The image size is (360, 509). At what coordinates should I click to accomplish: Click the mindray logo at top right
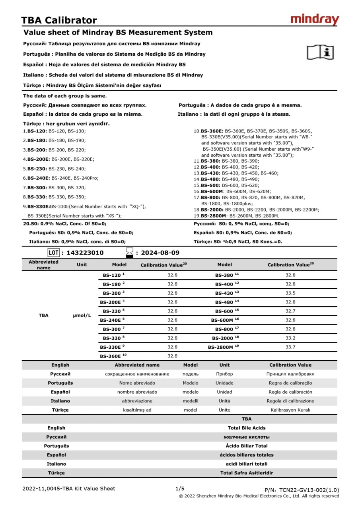(x=315, y=19)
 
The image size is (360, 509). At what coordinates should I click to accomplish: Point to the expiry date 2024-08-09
(x=160, y=253)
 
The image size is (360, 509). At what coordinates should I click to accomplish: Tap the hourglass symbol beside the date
(x=130, y=253)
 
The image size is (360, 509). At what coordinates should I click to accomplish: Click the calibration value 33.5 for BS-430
(x=290, y=293)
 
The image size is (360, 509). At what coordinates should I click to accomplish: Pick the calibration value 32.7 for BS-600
(x=290, y=311)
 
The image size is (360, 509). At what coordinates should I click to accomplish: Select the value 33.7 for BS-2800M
(x=290, y=347)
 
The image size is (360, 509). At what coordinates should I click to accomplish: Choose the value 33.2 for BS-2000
(x=290, y=338)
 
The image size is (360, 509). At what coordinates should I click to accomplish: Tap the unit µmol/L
(x=82, y=315)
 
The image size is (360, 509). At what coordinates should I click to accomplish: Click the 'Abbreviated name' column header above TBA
(x=43, y=265)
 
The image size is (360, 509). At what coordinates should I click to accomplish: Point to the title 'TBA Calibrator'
(x=59, y=20)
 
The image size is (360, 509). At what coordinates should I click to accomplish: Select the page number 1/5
(x=180, y=488)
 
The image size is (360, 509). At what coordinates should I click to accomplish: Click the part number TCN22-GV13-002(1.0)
(x=309, y=490)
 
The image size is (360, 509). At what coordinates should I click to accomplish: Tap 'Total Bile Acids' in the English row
(x=247, y=428)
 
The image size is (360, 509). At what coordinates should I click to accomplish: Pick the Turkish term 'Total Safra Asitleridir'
(x=247, y=473)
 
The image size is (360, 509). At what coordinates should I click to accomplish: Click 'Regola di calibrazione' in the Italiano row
(x=290, y=401)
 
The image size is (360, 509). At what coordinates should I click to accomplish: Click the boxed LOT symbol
(x=53, y=253)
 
